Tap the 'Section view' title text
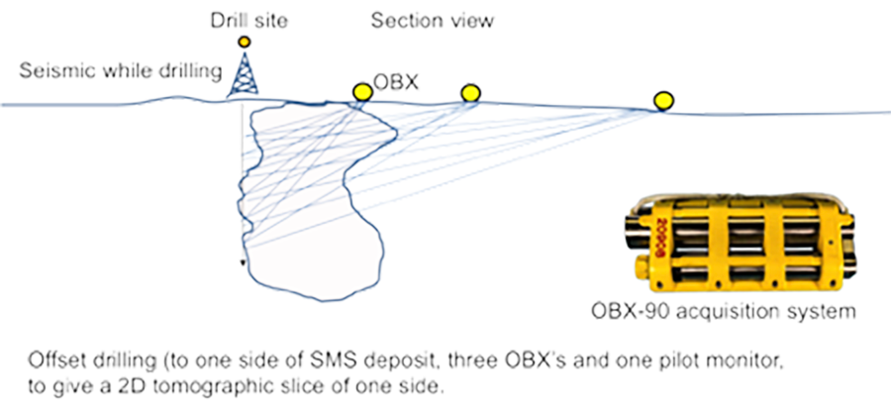[x=432, y=20]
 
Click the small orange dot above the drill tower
[x=245, y=42]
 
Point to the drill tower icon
[x=241, y=74]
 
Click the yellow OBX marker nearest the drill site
[x=361, y=92]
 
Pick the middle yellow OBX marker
[x=471, y=93]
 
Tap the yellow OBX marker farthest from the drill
[x=664, y=99]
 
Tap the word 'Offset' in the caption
[x=52, y=353]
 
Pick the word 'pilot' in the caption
[x=661, y=353]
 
